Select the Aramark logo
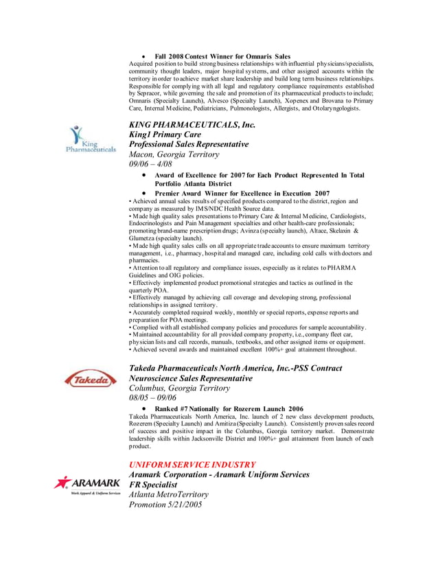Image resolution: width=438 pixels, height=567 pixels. (x=87, y=485)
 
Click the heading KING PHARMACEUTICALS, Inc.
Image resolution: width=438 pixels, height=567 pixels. (x=192, y=125)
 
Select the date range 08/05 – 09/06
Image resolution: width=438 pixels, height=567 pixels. (x=153, y=397)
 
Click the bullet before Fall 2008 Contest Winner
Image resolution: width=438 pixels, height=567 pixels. (x=143, y=56)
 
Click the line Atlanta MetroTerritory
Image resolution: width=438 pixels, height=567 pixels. (x=169, y=495)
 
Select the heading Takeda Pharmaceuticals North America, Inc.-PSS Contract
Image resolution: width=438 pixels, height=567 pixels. (x=235, y=369)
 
